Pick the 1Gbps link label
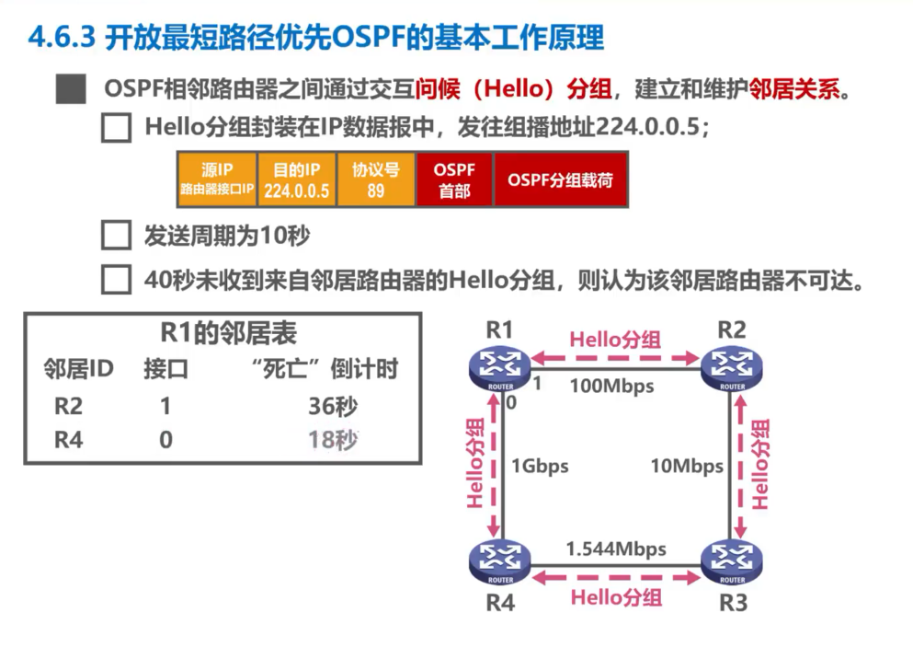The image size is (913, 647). point(539,466)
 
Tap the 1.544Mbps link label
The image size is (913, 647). point(616,549)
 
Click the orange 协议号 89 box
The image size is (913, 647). point(375,179)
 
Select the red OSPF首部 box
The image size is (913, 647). point(454,179)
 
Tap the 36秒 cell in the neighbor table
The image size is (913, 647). point(332,406)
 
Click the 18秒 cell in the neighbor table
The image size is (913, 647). point(332,440)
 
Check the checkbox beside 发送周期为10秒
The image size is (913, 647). point(116,236)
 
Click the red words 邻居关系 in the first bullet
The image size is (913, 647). point(795,90)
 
